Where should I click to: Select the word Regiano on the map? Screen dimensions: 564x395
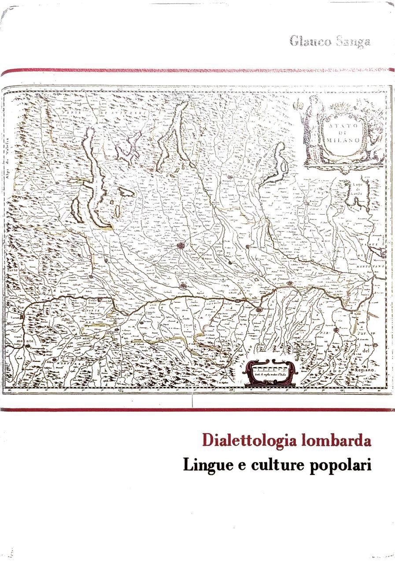coord(366,371)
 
